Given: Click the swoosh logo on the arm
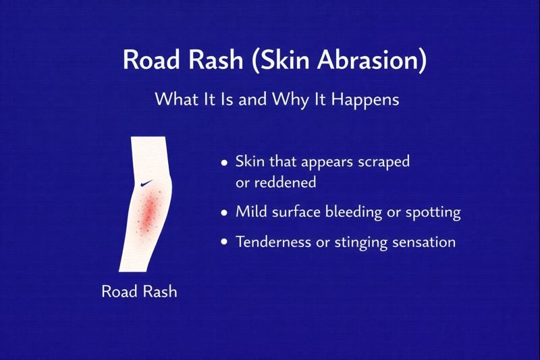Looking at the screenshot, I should [146, 183].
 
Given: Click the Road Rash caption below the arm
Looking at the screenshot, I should [139, 292].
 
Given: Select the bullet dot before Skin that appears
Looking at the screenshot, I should [225, 163].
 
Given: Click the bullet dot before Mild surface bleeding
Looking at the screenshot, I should [225, 212].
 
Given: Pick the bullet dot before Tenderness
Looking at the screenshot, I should [225, 242].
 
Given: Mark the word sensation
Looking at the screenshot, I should [423, 242].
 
